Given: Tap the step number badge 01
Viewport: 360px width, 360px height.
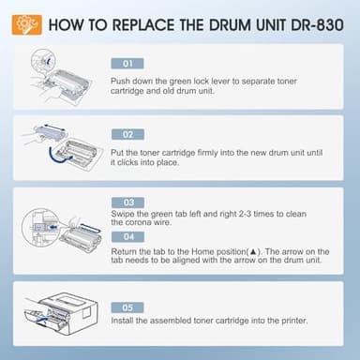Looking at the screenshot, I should [128, 64].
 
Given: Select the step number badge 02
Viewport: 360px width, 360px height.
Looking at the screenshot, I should [128, 134].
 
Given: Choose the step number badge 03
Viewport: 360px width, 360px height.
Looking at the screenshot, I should [128, 202].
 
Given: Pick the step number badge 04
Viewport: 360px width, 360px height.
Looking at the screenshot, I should [128, 237].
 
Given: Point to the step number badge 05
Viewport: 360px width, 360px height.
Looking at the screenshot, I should [128, 307].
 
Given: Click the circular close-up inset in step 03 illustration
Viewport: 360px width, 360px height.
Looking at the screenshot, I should [37, 225].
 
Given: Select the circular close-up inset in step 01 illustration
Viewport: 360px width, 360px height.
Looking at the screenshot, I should [37, 65].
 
